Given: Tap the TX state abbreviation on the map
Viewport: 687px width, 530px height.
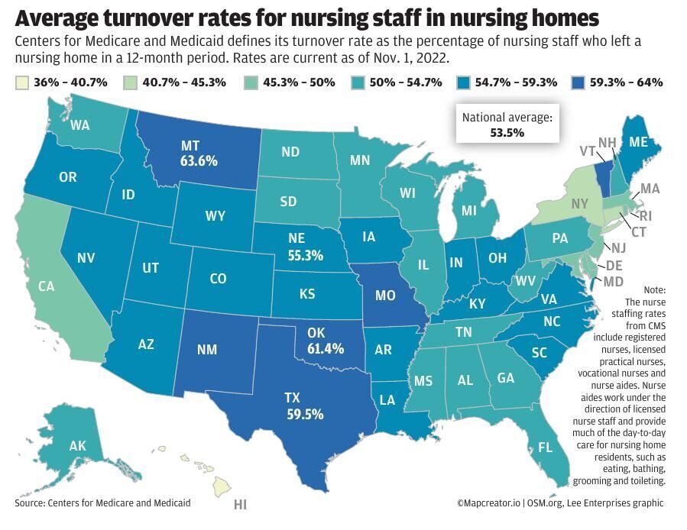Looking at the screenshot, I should pos(292,399).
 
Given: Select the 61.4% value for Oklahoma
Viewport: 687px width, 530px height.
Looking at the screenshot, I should pos(326,348).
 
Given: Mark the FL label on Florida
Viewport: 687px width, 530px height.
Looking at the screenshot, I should pos(545,448).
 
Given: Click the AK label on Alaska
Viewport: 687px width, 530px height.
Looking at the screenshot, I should pos(56,446).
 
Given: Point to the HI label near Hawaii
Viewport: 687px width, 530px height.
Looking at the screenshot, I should pos(240,505).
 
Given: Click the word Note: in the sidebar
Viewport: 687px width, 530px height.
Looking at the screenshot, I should pos(654,290).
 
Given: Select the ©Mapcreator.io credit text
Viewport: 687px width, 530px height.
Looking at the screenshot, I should pos(489,503).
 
